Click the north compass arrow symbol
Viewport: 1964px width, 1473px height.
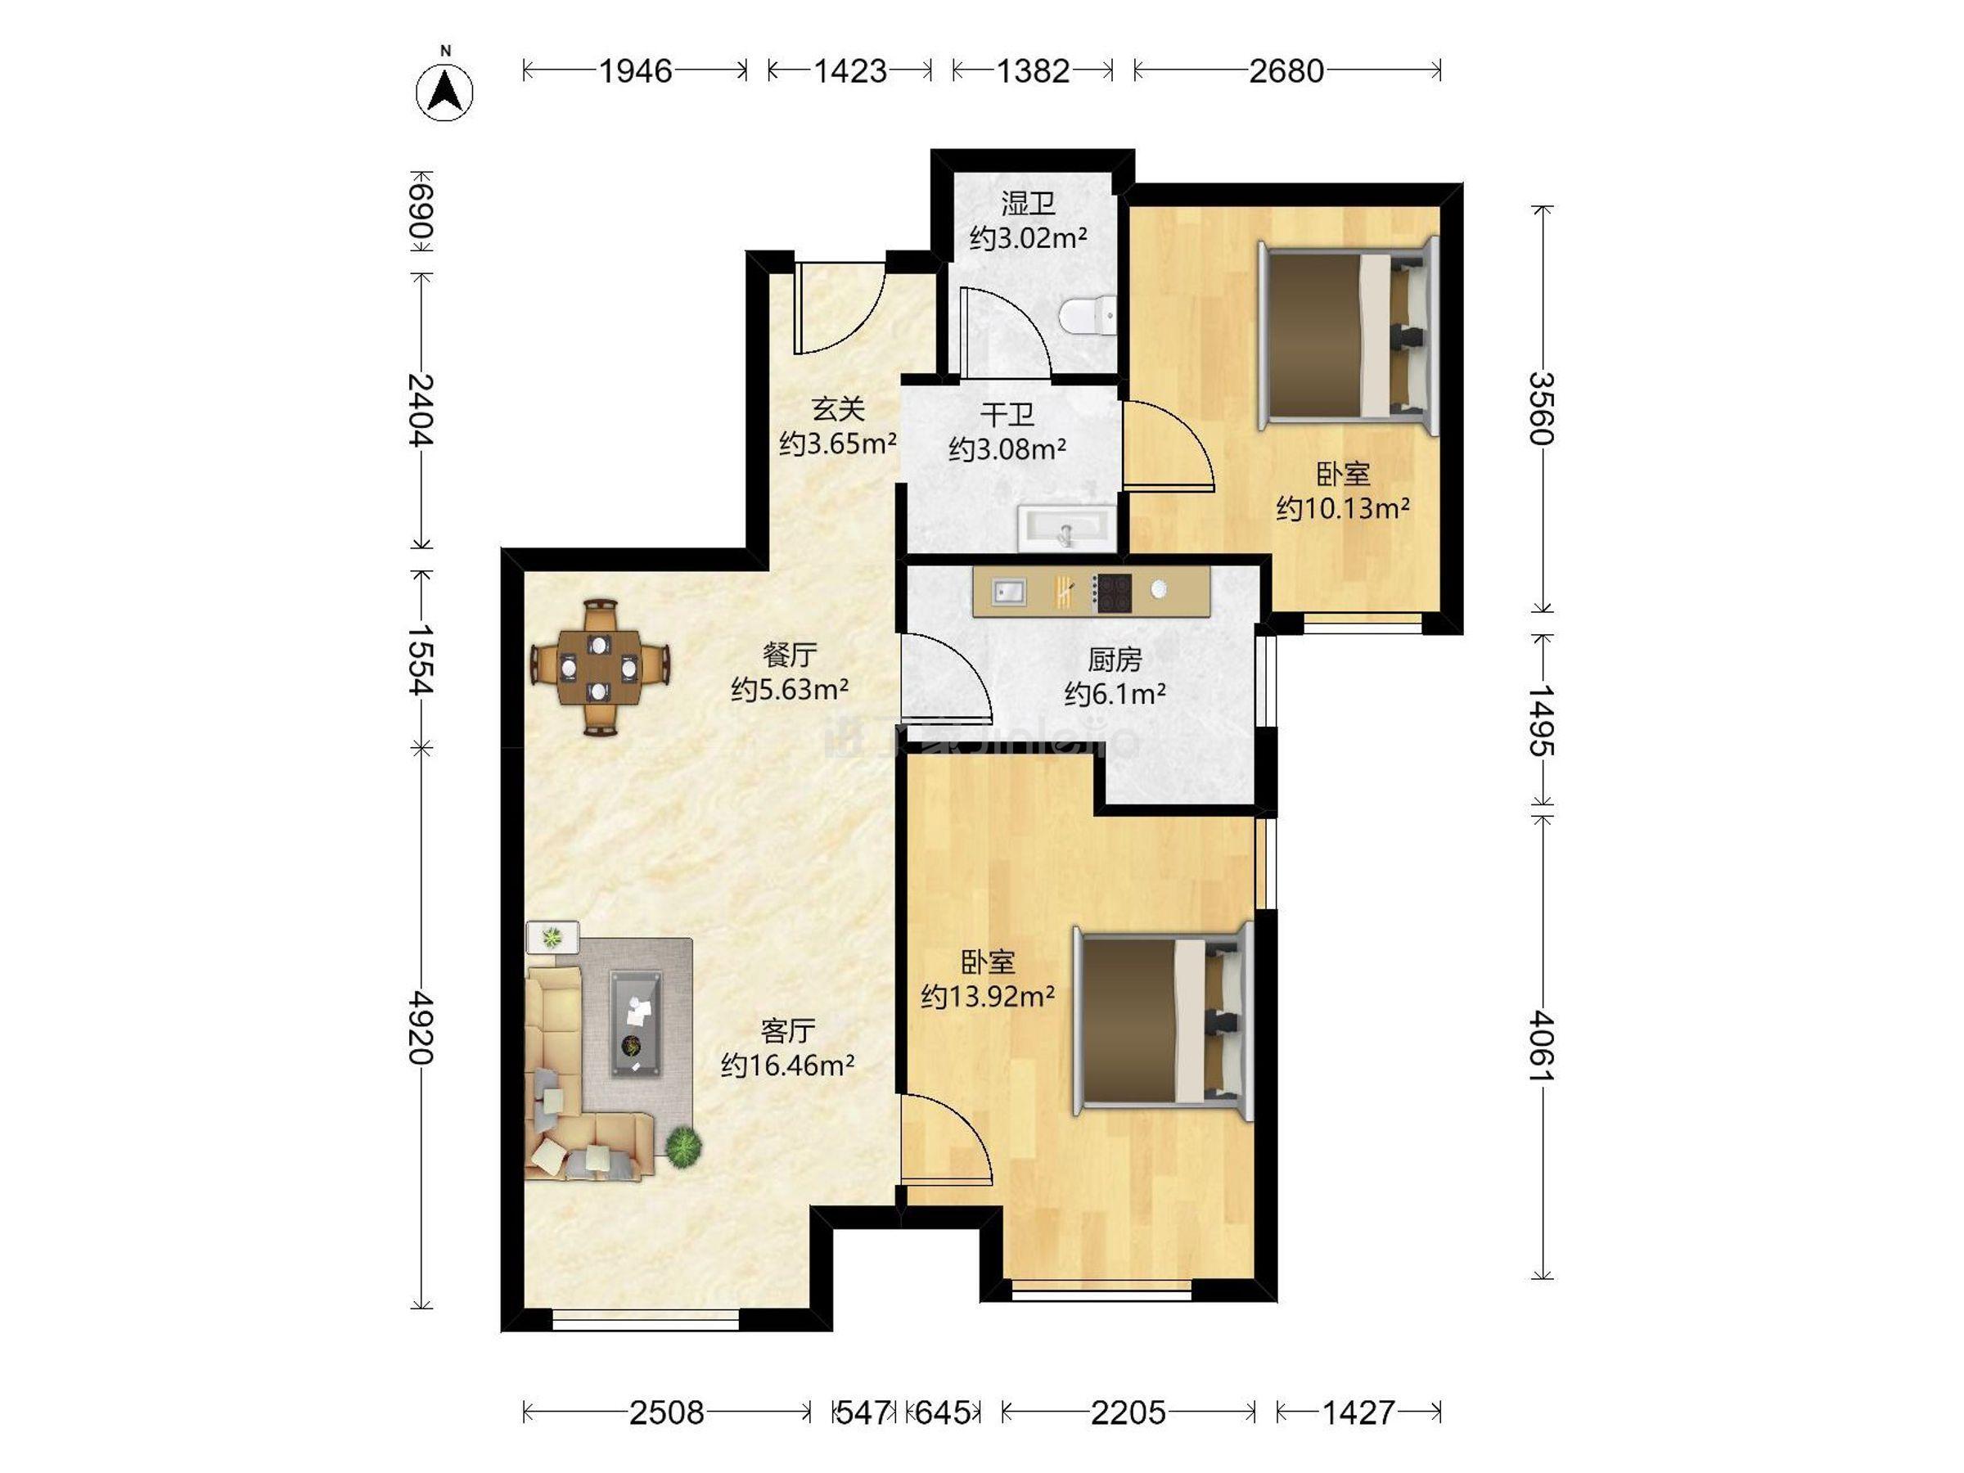[445, 92]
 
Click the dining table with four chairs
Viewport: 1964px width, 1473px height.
[600, 668]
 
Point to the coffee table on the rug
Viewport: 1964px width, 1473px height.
[636, 1024]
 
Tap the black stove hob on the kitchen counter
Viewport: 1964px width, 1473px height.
[1111, 593]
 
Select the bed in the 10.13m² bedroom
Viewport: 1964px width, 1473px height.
[1348, 336]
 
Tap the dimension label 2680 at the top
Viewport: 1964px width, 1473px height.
[1286, 71]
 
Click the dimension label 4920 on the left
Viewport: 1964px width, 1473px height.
[421, 1027]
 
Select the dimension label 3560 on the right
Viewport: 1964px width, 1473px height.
[1542, 408]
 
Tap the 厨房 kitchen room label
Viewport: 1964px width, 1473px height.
[1115, 659]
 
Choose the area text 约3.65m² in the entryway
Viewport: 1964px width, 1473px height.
[837, 443]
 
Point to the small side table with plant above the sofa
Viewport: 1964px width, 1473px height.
[552, 937]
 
